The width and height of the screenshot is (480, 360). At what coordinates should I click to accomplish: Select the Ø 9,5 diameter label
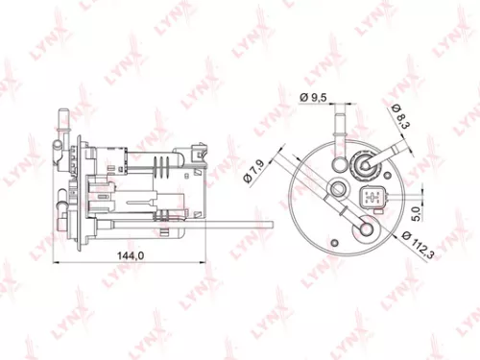(x=315, y=97)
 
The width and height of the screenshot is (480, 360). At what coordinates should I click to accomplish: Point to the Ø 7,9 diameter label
(x=255, y=174)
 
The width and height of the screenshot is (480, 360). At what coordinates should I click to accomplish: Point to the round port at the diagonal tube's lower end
(x=365, y=228)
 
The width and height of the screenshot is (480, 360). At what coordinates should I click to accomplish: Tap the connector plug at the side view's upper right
(x=198, y=152)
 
